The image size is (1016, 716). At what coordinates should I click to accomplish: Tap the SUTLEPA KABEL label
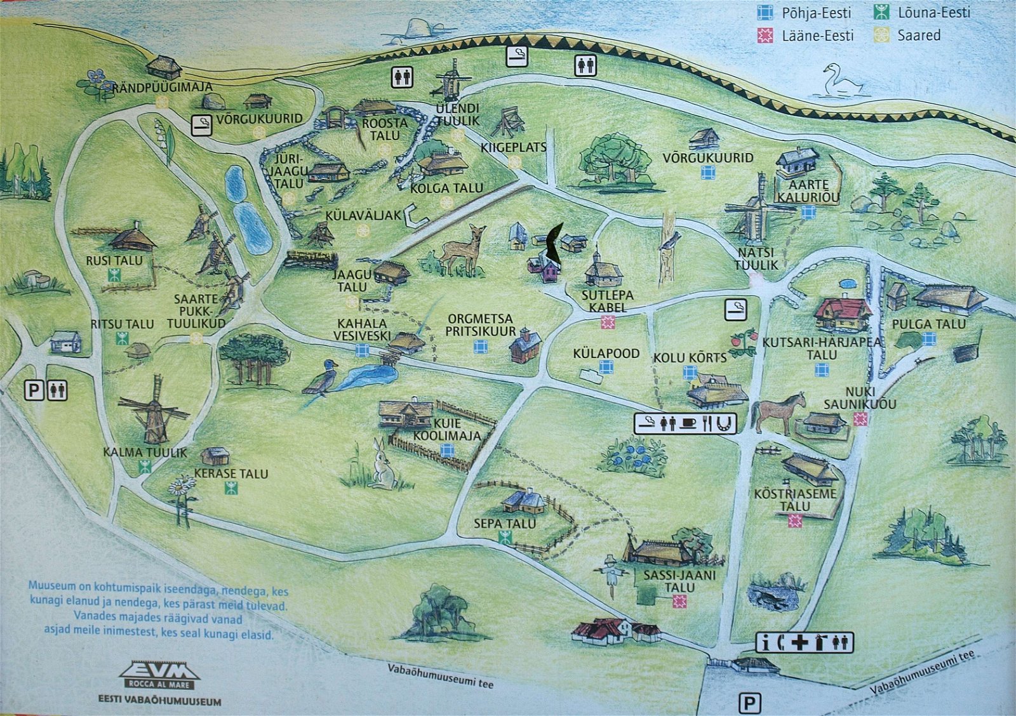607,302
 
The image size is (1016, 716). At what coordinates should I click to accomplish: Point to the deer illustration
464,249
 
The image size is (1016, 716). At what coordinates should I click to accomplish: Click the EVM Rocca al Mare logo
159,675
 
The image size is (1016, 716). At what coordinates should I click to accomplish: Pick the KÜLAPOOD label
606,354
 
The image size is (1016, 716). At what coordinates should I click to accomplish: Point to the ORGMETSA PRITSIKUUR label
481,325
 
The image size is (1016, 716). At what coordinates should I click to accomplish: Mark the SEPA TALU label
505,524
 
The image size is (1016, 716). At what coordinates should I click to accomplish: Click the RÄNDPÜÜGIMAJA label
163,88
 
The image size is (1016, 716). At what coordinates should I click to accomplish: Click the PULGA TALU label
928,324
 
